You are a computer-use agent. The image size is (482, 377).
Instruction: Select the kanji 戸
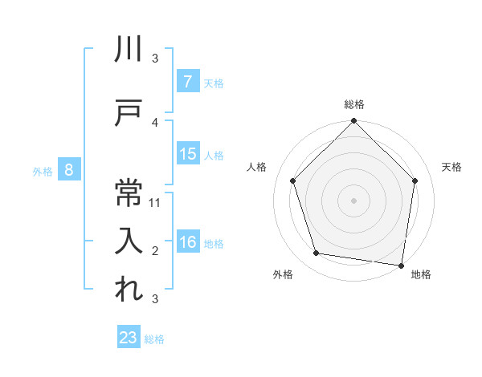click(x=129, y=112)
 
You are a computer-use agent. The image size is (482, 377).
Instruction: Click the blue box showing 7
click(x=187, y=82)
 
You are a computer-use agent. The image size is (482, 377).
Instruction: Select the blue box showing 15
click(x=187, y=155)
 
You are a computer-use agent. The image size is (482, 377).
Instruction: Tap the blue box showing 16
click(x=187, y=243)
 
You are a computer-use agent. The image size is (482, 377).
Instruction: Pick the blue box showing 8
click(x=70, y=170)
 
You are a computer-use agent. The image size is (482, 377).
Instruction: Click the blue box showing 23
click(x=129, y=338)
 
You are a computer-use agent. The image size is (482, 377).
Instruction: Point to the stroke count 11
click(x=156, y=202)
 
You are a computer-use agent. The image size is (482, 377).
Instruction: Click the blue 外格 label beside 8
click(x=43, y=171)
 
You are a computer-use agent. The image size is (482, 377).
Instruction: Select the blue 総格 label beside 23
click(x=155, y=338)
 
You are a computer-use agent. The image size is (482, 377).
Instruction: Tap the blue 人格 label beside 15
click(x=214, y=156)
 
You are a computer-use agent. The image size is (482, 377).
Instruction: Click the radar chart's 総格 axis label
click(x=353, y=105)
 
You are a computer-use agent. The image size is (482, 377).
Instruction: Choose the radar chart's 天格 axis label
click(x=452, y=167)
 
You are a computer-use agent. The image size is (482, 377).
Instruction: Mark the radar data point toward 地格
click(x=402, y=265)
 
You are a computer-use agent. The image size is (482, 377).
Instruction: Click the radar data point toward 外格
click(x=317, y=253)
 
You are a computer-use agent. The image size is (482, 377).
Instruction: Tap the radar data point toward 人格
click(x=292, y=180)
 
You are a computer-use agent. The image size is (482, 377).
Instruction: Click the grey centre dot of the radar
click(x=353, y=200)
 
